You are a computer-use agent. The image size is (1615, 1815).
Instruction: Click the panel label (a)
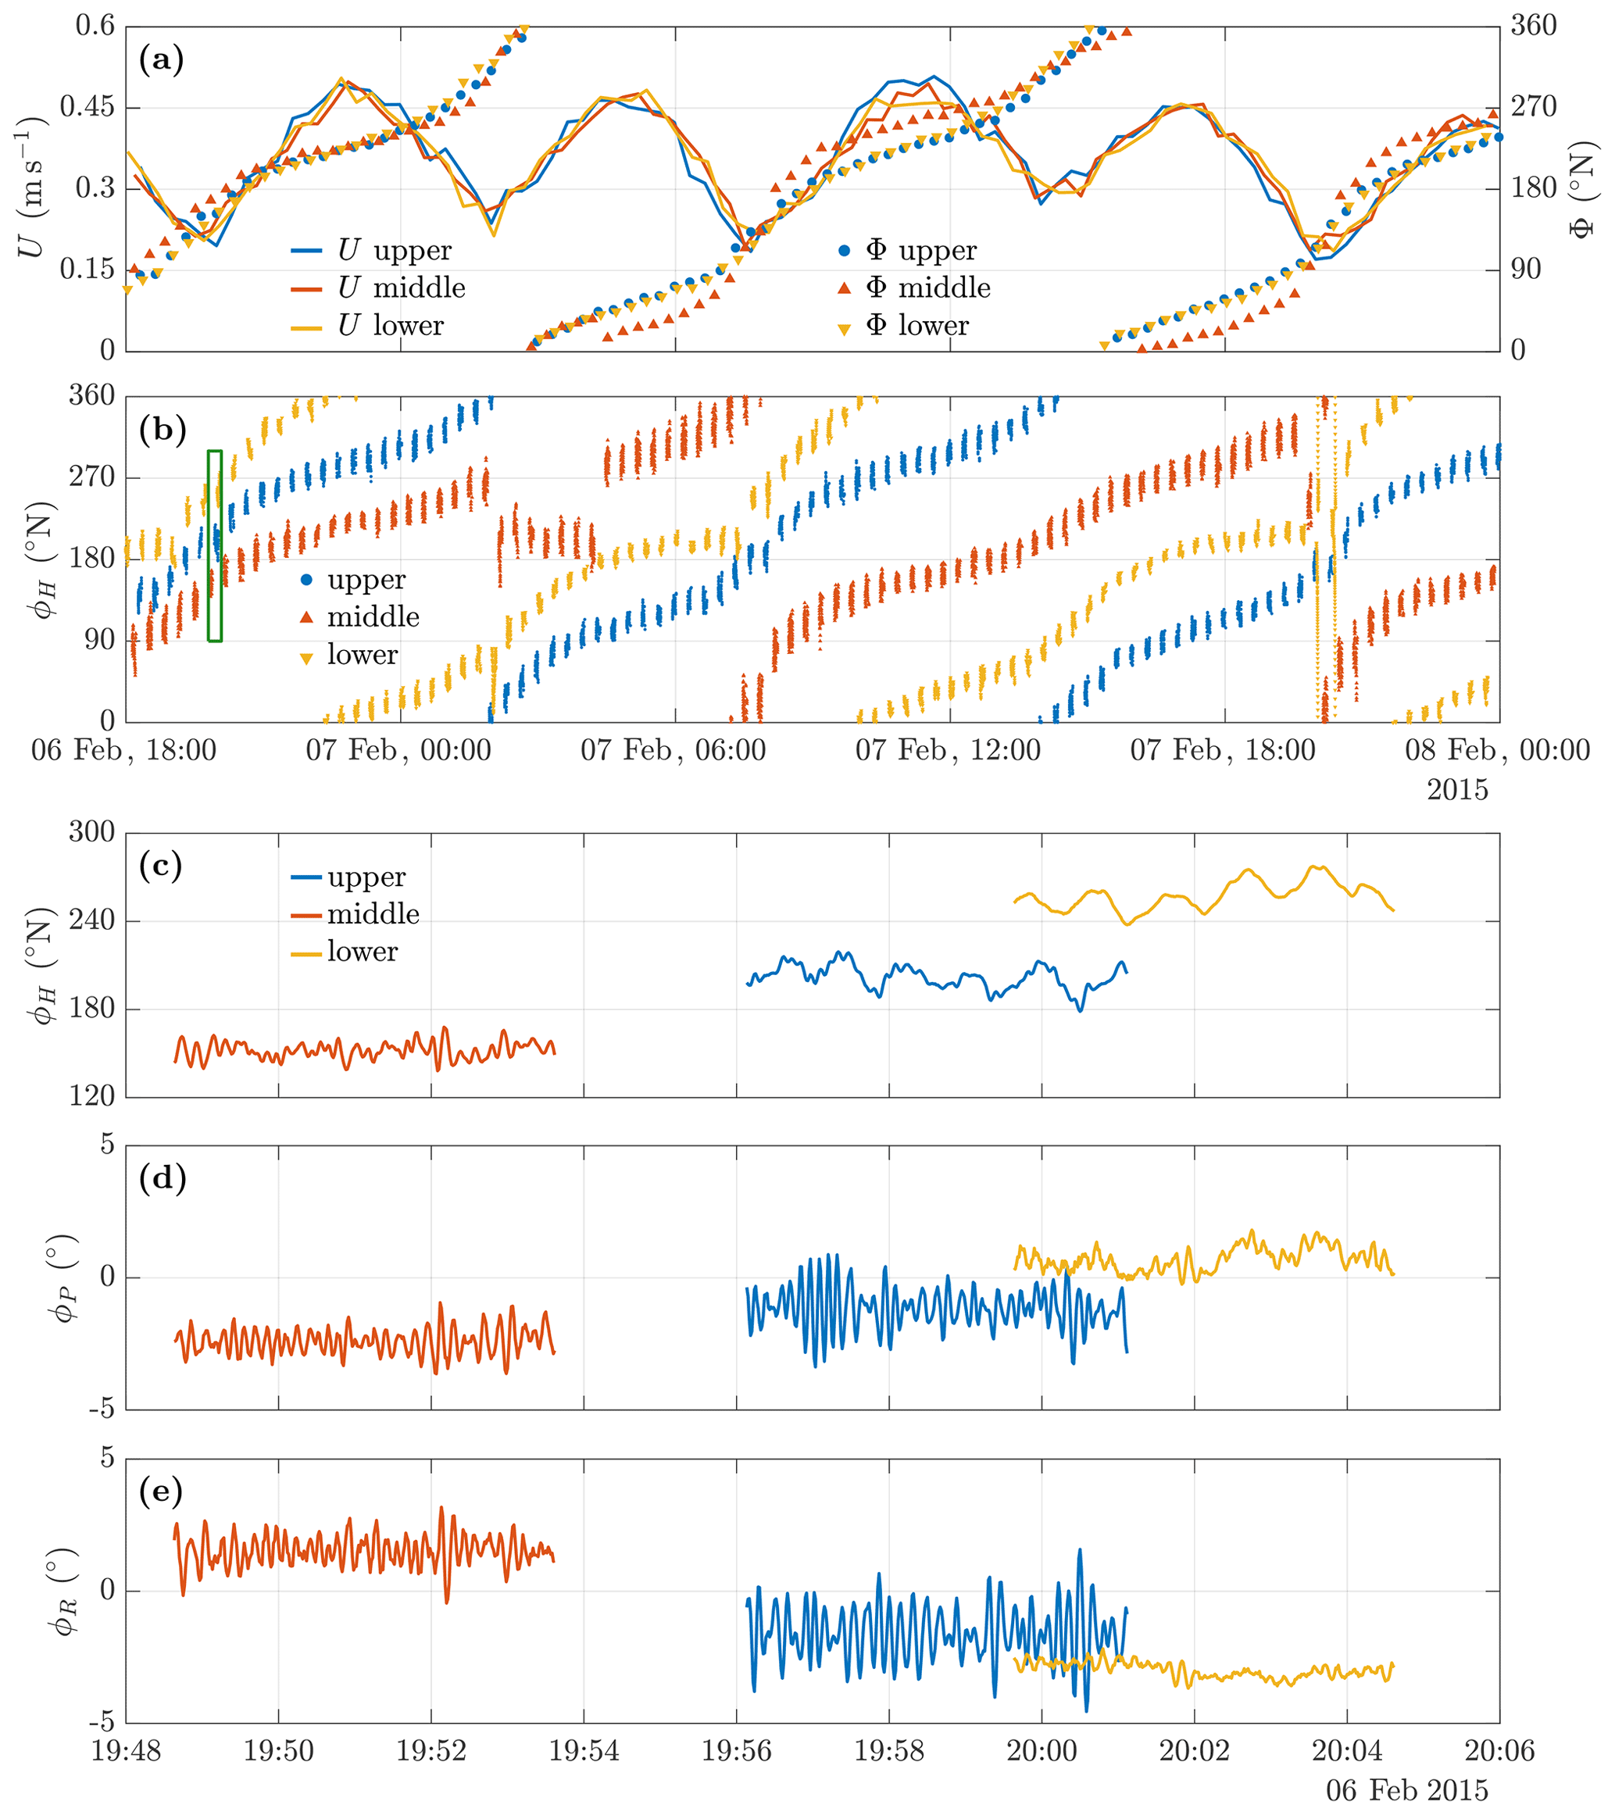pyautogui.click(x=161, y=60)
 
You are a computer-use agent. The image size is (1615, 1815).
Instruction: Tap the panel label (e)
pyautogui.click(x=161, y=1491)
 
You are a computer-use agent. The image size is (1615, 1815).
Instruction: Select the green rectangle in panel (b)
pyautogui.click(x=215, y=545)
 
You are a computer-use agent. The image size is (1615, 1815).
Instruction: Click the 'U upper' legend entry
pyautogui.click(x=372, y=250)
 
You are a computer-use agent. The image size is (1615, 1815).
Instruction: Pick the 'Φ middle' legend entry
pyautogui.click(x=914, y=288)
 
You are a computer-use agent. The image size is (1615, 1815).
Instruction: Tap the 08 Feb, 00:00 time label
pyautogui.click(x=1497, y=750)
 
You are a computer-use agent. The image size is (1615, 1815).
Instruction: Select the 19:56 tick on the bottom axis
pyautogui.click(x=736, y=1750)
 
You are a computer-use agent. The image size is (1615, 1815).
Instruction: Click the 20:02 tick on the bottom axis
pyautogui.click(x=1194, y=1750)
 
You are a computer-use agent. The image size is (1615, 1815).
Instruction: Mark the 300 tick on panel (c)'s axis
pyautogui.click(x=91, y=832)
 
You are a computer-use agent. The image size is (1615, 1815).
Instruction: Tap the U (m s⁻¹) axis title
pyautogui.click(x=32, y=188)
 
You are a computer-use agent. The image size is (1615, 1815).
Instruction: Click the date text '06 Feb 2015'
pyautogui.click(x=1406, y=1790)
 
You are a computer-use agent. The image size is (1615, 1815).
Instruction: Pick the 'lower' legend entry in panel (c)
pyautogui.click(x=345, y=952)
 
